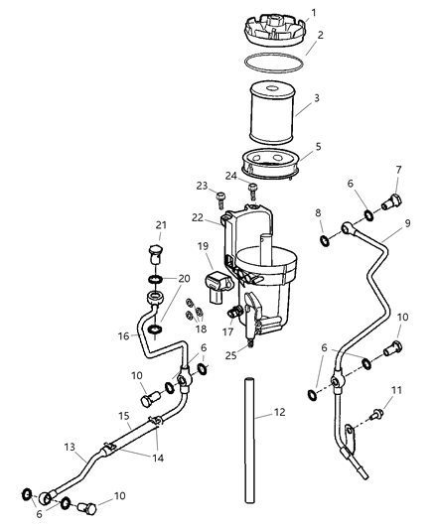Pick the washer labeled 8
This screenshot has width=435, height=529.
pyautogui.click(x=326, y=239)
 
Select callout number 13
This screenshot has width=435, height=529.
pyautogui.click(x=71, y=447)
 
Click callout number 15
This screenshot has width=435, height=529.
pyautogui.click(x=96, y=416)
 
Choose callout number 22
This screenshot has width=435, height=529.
pyautogui.click(x=198, y=218)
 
